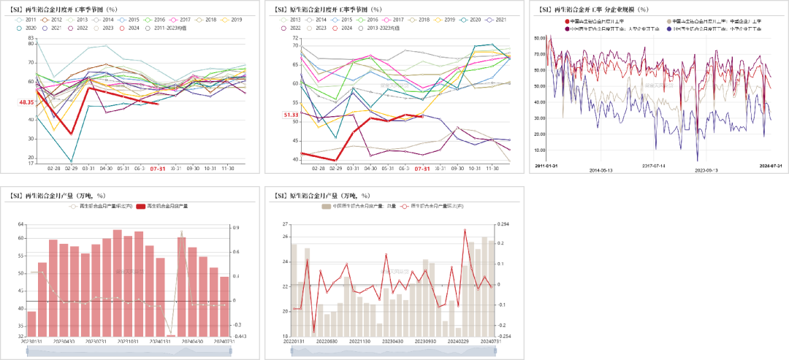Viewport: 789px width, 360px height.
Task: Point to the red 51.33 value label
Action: [290, 115]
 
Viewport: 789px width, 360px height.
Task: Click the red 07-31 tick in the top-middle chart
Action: [422, 169]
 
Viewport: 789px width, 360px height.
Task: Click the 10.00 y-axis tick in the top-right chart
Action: [540, 148]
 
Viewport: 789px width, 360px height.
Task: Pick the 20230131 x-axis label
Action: [31, 341]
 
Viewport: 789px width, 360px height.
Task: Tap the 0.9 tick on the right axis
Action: [235, 228]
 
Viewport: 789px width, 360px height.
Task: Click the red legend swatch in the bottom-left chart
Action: [141, 207]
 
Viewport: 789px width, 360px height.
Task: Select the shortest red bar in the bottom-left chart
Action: [170, 335]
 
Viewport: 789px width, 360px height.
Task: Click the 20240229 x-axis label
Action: [458, 341]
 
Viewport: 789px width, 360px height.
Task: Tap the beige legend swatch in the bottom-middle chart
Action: [326, 207]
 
